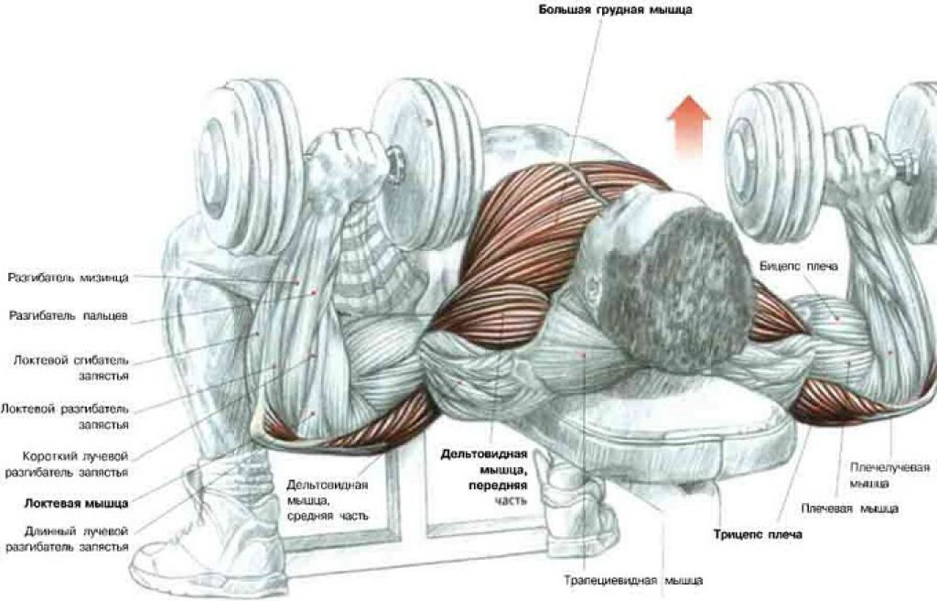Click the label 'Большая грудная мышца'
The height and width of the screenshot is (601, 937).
point(616,9)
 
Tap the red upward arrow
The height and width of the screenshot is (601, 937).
point(689,126)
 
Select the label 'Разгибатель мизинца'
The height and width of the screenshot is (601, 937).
point(68,279)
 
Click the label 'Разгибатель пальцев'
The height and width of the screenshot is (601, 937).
point(68,315)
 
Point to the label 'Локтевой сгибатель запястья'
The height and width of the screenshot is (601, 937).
point(71,368)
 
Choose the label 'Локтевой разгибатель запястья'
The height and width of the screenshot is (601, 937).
point(65,417)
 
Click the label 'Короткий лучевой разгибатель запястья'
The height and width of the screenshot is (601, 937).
point(67,464)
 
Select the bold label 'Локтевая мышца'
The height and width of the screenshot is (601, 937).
point(77,503)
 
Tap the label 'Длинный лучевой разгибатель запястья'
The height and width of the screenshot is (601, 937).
point(67,539)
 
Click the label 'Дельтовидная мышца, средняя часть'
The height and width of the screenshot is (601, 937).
point(327,500)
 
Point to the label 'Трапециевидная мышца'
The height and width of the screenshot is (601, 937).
point(633,580)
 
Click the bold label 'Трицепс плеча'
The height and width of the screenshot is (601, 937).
point(758,534)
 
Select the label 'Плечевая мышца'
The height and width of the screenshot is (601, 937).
point(849,508)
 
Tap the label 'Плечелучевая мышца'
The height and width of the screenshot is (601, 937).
point(889,475)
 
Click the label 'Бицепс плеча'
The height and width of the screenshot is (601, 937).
point(798,267)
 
